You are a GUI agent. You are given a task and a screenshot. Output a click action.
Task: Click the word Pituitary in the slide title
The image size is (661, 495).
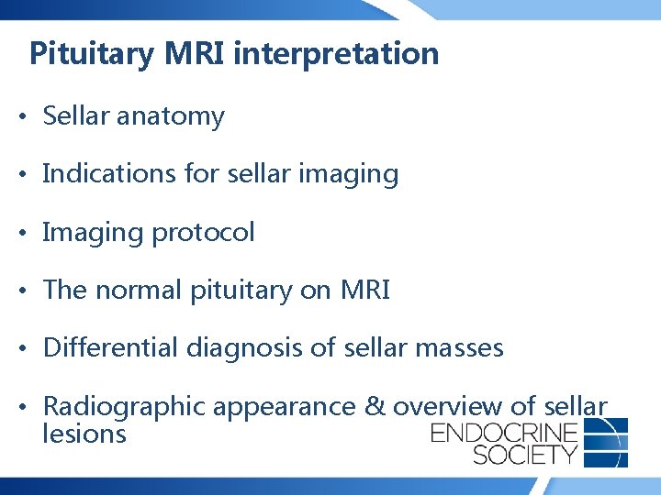click(92, 54)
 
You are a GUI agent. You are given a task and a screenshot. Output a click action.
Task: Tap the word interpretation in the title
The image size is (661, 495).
click(336, 54)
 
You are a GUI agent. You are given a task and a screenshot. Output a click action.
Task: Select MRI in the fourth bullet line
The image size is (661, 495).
click(365, 291)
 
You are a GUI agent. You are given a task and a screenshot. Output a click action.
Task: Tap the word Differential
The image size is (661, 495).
click(111, 348)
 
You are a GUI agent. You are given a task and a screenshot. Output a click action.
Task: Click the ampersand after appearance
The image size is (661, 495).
click(375, 406)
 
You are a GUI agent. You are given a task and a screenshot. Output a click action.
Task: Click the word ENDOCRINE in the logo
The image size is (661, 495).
click(504, 433)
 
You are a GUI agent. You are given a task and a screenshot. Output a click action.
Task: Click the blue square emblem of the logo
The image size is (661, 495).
click(606, 441)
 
